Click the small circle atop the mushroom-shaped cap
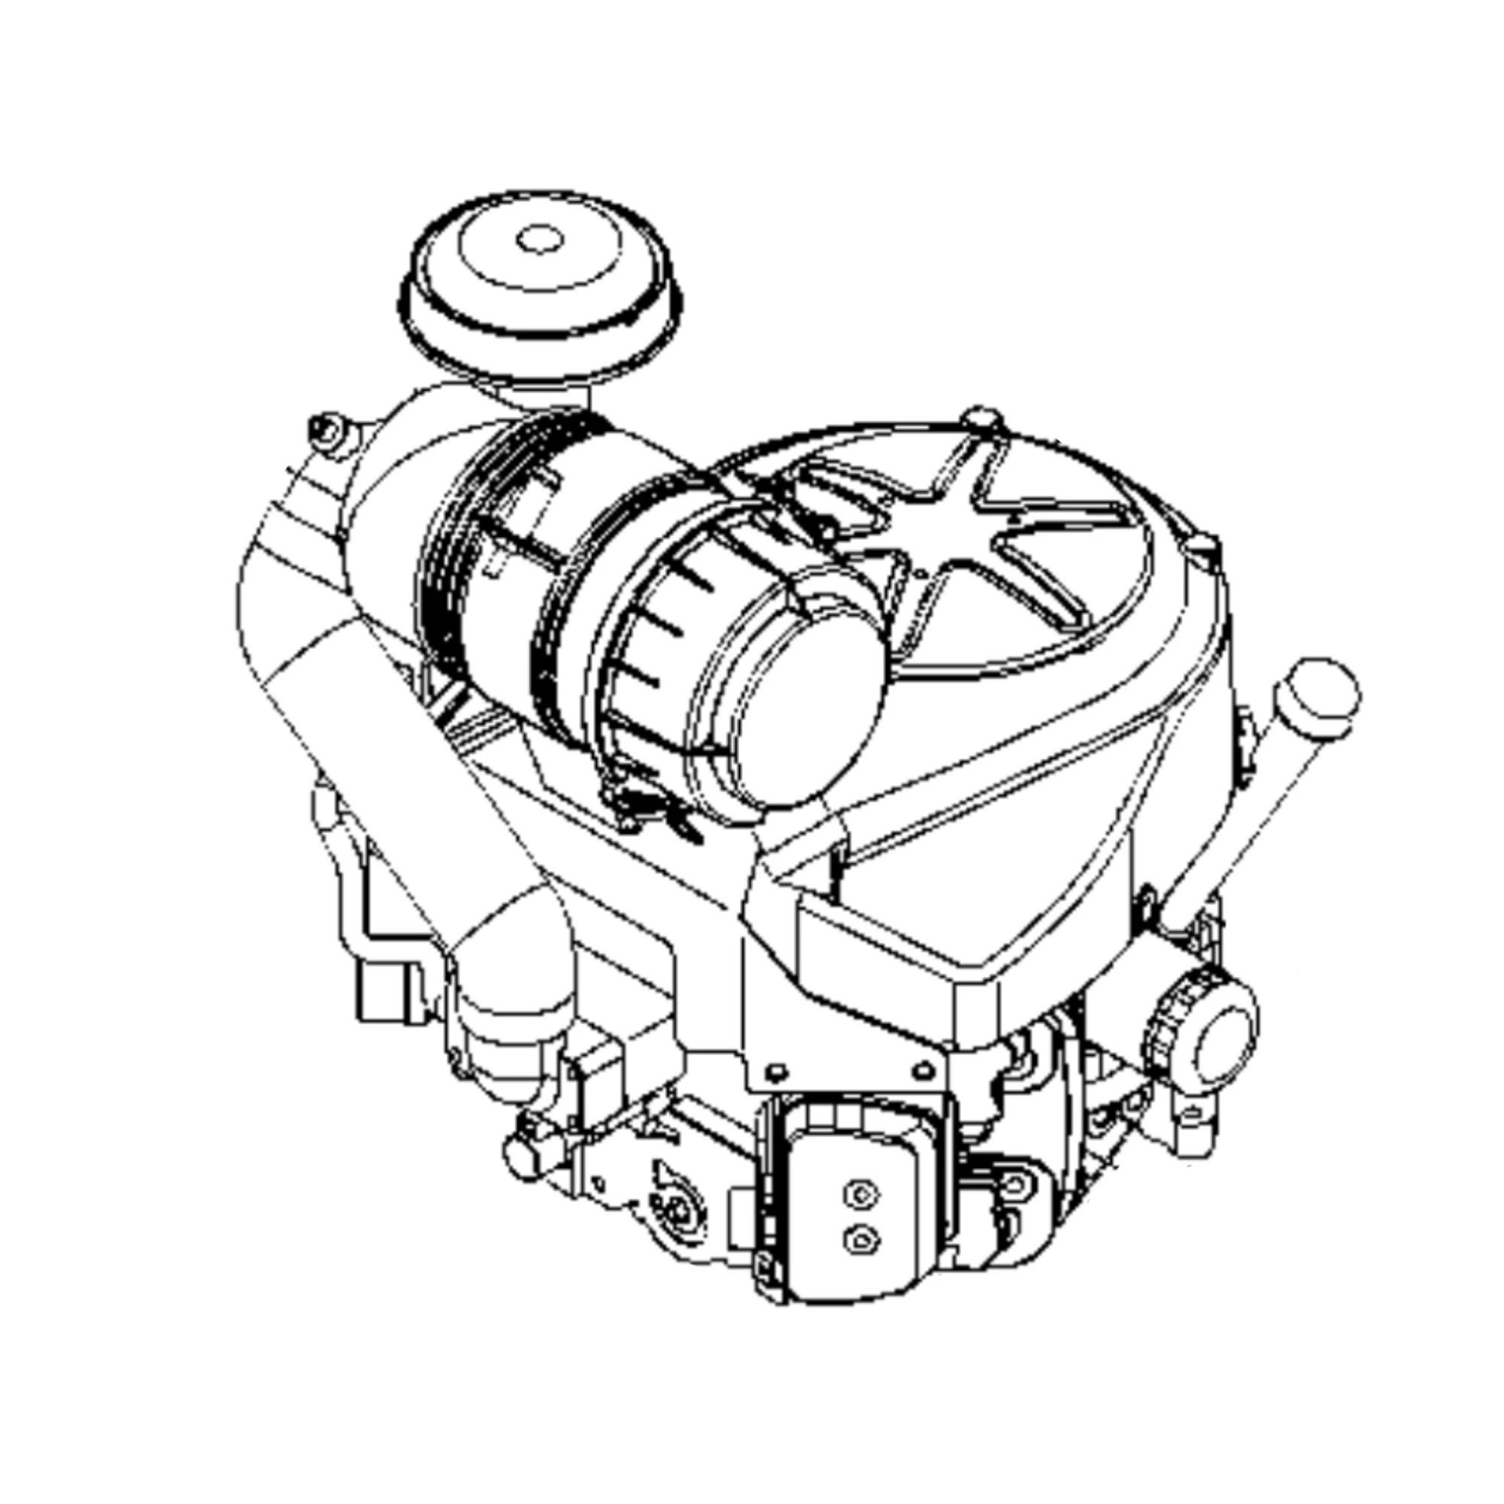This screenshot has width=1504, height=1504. coord(538,239)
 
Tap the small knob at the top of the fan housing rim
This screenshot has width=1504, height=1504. coord(981,417)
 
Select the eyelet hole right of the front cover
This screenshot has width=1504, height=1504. coord(1014,1185)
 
